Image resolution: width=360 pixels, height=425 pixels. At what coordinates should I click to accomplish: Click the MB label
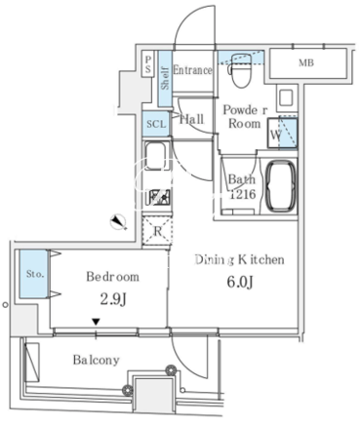[x=306, y=62]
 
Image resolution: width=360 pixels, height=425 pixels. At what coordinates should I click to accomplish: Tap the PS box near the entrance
[x=148, y=64]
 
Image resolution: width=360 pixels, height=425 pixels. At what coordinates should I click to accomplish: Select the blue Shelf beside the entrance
[x=165, y=78]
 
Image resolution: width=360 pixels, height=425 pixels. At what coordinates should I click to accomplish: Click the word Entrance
[x=192, y=70]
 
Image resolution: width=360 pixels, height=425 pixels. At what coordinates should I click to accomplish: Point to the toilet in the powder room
[x=240, y=70]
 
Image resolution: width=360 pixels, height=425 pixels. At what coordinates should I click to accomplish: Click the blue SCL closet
[x=156, y=124]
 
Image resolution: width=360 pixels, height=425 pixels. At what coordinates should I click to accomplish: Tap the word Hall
[x=192, y=119]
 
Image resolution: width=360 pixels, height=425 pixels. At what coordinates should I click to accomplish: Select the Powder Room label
[x=245, y=117]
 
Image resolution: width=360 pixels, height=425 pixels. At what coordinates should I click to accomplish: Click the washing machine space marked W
[x=282, y=134]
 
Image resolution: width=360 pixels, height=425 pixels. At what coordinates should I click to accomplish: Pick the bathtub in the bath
[x=281, y=186]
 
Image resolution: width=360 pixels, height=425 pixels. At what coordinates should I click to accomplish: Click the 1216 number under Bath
[x=243, y=194]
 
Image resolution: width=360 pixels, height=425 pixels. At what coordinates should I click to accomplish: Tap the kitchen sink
[x=155, y=156]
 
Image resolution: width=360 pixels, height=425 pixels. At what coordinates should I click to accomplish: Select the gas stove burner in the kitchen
[x=158, y=196]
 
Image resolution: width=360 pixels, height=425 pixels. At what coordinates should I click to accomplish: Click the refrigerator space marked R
[x=157, y=231]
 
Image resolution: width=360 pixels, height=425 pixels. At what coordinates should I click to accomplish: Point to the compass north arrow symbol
[x=118, y=221]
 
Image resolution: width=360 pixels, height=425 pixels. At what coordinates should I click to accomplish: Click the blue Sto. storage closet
[x=33, y=274]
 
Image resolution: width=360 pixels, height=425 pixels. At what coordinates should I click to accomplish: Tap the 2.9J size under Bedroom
[x=113, y=299]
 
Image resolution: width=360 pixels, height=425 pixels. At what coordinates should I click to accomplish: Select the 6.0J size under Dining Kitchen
[x=240, y=282]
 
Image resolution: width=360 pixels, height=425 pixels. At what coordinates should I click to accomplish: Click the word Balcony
[x=96, y=360]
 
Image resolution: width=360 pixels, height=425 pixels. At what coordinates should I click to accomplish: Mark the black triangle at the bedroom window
[x=96, y=322]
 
